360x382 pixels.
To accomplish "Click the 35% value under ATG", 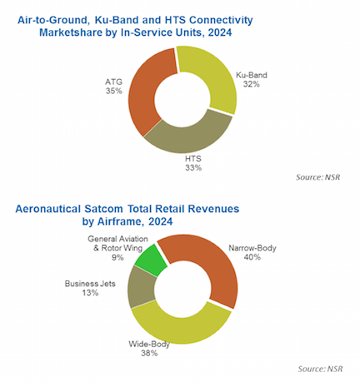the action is [x=113, y=91].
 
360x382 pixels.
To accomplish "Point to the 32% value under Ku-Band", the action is [x=252, y=84].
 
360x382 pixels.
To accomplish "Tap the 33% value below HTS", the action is [x=193, y=168].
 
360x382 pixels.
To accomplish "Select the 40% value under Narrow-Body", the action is [x=252, y=257].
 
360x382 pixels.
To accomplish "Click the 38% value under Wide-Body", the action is [x=149, y=353].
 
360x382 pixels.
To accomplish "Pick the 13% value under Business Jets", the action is [x=90, y=293].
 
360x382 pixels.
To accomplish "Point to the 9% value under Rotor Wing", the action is [x=117, y=257].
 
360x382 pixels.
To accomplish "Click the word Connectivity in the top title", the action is [x=221, y=20].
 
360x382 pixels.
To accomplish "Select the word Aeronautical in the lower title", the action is [x=48, y=209].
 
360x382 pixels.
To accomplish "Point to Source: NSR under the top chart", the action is [x=317, y=177].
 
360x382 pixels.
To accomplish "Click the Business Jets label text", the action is [x=90, y=284].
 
